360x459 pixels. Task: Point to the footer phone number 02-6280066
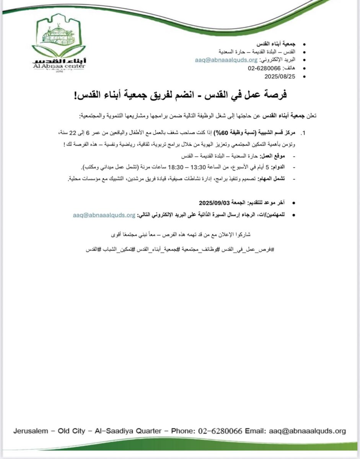[x=220, y=431]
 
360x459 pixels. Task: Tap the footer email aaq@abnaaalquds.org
[x=307, y=431]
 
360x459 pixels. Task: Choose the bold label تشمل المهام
[x=272, y=179]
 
